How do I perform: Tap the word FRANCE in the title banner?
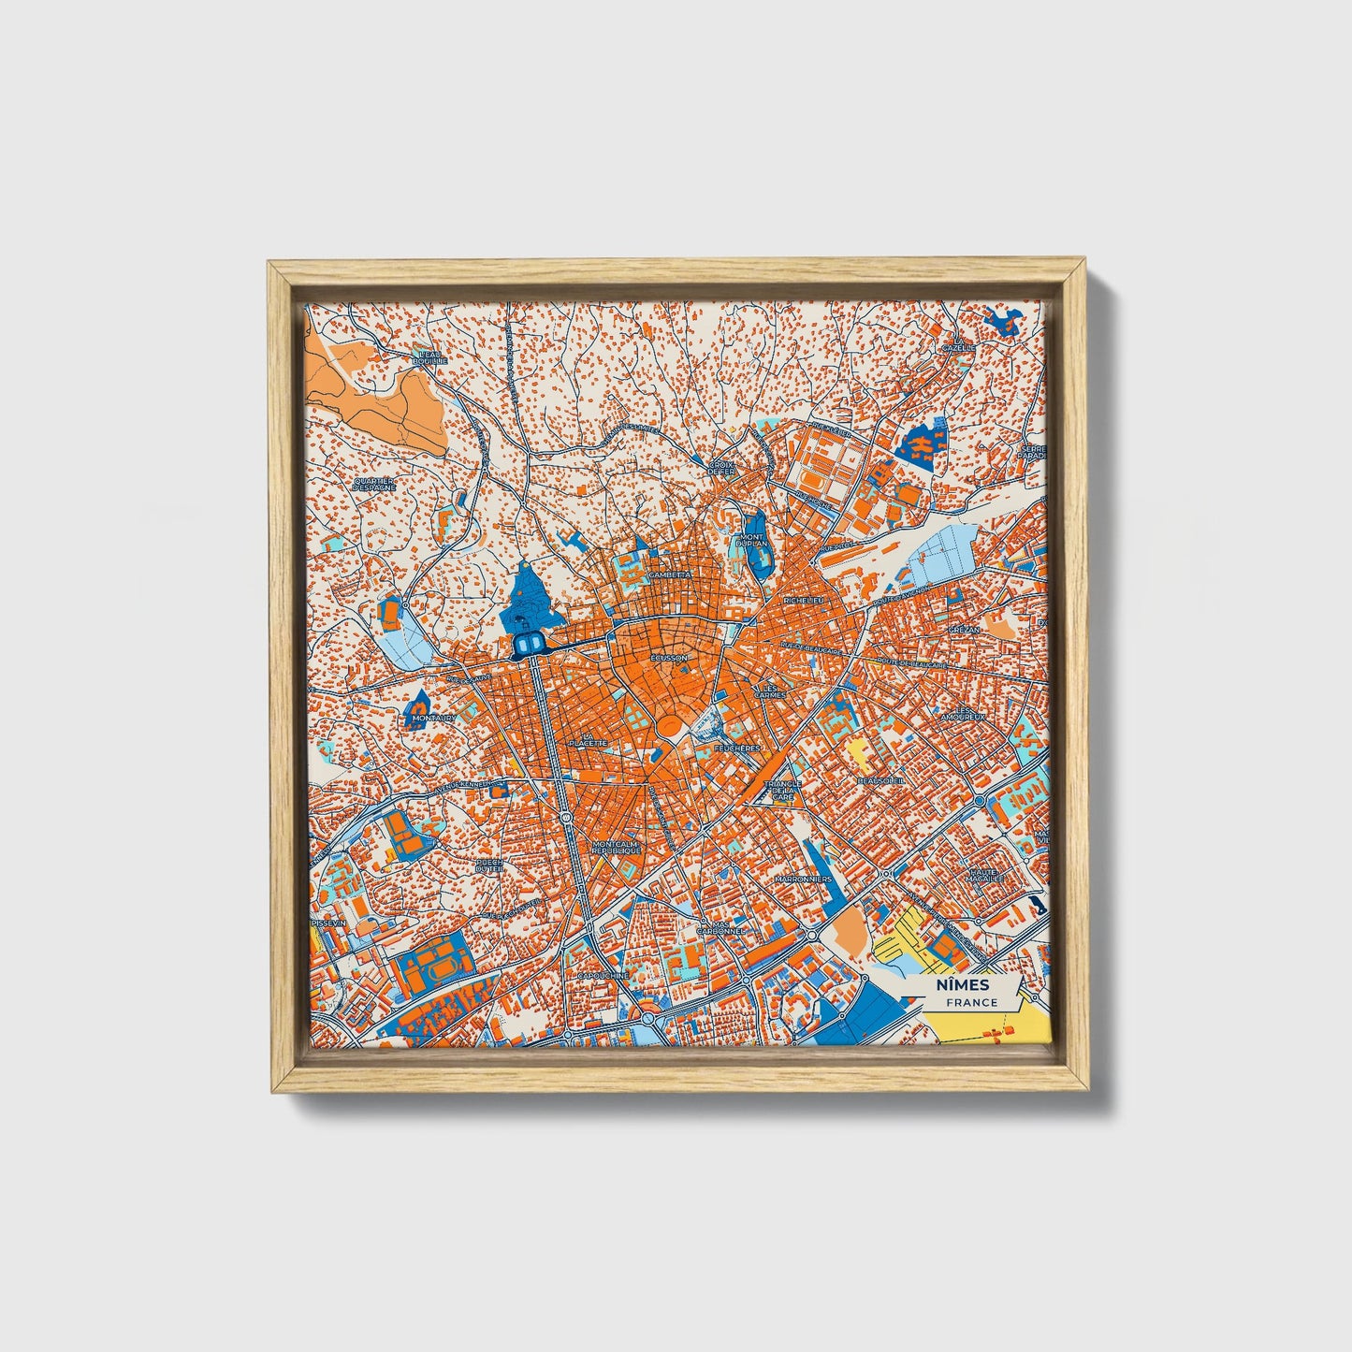(x=970, y=1002)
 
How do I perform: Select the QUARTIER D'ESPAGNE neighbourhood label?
(x=374, y=484)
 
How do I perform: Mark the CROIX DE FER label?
(x=721, y=468)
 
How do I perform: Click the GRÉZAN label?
(x=964, y=630)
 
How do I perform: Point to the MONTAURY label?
(x=430, y=719)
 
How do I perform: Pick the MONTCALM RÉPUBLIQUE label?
(x=616, y=846)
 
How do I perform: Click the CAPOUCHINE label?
(x=603, y=974)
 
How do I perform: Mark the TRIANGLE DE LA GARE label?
(x=781, y=789)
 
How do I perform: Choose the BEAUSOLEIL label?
(x=881, y=779)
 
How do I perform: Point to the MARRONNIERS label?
(x=804, y=880)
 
